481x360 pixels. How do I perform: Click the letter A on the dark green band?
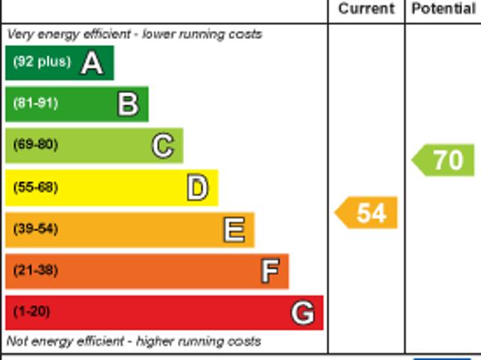coord(92,63)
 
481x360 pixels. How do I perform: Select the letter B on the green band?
coord(128,104)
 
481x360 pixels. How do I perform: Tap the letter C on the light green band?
coord(162,146)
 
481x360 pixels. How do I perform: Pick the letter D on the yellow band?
coord(197,188)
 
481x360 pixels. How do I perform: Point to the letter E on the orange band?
coord(234,230)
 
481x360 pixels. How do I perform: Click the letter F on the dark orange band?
coord(269,271)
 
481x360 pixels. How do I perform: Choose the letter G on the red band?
coord(302,313)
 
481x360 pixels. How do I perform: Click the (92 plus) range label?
coord(41,62)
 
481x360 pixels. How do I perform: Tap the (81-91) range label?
coord(35,103)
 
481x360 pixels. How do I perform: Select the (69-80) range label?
coord(35,144)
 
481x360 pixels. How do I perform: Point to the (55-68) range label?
coord(35,187)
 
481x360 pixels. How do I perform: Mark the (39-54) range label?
coord(35,228)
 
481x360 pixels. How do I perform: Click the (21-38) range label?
coord(35,270)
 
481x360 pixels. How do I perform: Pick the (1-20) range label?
coord(32,311)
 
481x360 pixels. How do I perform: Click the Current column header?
coord(366,9)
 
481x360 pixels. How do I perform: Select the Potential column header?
coord(443,9)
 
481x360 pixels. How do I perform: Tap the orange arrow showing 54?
coord(367,213)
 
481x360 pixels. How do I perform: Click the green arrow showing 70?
coord(444,160)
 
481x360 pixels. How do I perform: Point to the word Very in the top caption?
coord(20,35)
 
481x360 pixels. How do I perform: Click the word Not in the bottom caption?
coord(17,341)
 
